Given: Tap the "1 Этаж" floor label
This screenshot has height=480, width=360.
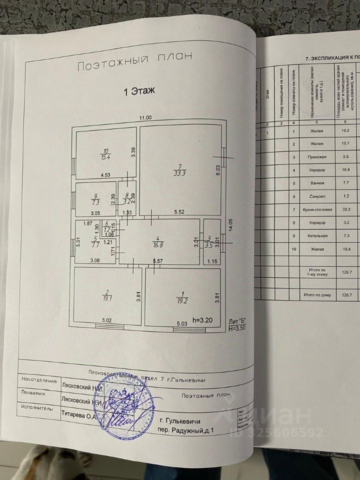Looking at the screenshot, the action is pyautogui.click(x=140, y=90).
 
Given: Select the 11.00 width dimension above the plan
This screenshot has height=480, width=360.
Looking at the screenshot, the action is pyautogui.click(x=145, y=118).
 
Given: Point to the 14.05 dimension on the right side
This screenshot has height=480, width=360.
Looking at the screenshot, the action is pyautogui.click(x=230, y=222).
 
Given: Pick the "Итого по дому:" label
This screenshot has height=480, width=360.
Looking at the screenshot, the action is pyautogui.click(x=317, y=295).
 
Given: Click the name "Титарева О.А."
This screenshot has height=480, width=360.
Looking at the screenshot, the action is pyautogui.click(x=79, y=414).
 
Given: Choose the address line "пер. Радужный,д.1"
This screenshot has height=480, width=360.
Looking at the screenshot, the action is pyautogui.click(x=184, y=429).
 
